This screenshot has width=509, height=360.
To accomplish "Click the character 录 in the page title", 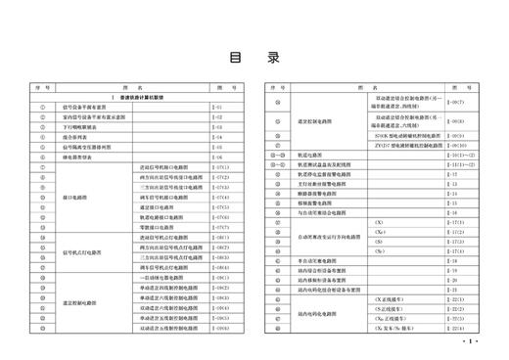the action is click(x=273, y=57).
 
